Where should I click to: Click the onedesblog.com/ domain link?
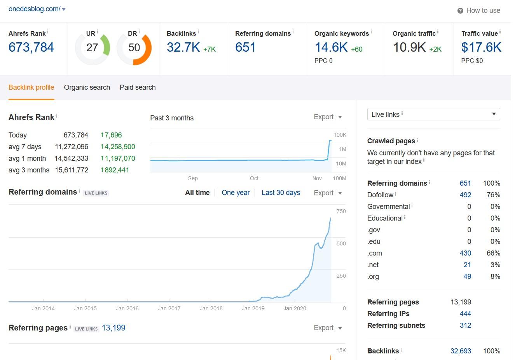point(34,9)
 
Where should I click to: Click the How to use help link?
point(483,10)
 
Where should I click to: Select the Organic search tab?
point(87,87)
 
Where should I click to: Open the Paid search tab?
point(138,87)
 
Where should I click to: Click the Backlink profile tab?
point(31,87)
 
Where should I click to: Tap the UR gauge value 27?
point(92,47)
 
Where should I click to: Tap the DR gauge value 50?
point(134,47)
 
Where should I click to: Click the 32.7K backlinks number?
point(183,47)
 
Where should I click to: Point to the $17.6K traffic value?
point(481,47)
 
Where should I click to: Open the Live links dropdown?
point(433,114)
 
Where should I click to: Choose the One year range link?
point(236,193)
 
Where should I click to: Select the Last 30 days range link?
point(281,193)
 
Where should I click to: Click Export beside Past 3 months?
point(328,117)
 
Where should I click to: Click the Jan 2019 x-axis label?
point(253,308)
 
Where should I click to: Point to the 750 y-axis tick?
point(341,211)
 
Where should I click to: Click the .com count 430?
point(465,253)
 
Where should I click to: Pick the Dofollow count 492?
point(465,195)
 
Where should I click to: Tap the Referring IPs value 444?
point(465,314)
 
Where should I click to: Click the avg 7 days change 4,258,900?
point(120,147)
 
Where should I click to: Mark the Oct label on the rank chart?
point(254,178)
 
